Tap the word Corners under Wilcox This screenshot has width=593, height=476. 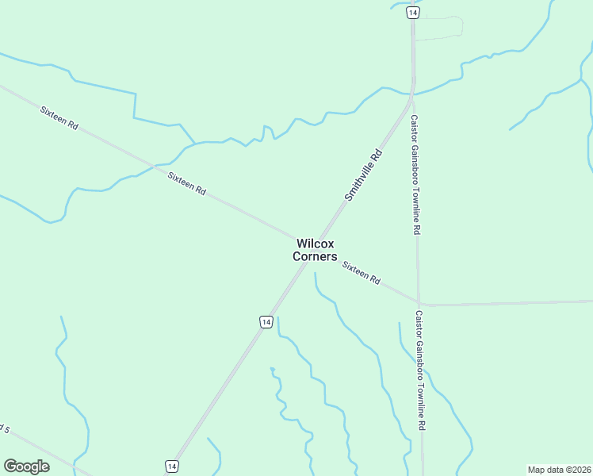click(315, 257)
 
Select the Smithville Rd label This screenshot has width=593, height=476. click(364, 175)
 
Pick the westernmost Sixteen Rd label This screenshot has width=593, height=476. click(59, 115)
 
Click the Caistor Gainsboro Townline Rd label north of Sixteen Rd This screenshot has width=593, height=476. click(415, 175)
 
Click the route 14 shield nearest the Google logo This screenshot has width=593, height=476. click(171, 466)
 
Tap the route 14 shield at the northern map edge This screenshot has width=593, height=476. click(412, 13)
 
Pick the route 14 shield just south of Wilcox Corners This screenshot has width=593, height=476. click(266, 321)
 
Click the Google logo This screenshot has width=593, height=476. click(26, 466)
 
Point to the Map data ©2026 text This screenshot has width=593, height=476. click(559, 470)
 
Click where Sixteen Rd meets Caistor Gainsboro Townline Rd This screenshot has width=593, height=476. click(419, 303)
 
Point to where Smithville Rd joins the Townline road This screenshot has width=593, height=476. click(413, 94)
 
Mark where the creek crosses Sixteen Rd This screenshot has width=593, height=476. click(153, 167)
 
